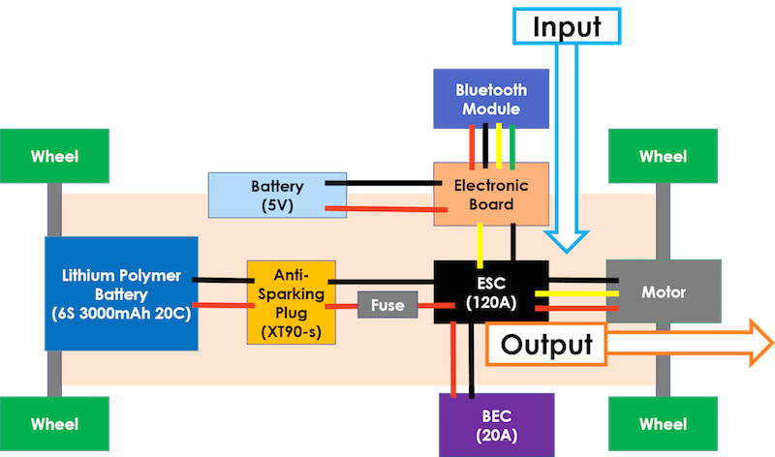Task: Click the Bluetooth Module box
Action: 491,99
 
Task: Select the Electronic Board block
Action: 491,195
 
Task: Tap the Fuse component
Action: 387,305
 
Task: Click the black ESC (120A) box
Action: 491,292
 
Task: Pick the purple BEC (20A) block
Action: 497,425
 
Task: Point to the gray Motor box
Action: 664,291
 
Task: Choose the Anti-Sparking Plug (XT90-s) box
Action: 292,302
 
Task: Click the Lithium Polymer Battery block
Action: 122,294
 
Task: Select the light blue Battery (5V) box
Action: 277,196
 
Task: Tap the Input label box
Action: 567,26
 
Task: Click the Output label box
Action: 546,345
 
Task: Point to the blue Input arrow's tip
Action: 567,252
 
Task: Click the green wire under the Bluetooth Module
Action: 512,147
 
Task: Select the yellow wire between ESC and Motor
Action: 576,294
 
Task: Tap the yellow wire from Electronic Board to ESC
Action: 480,246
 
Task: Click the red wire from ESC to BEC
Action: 453,359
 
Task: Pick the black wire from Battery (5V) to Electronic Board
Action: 383,183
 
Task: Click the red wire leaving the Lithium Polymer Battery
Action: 223,305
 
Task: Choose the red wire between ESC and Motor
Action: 576,309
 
